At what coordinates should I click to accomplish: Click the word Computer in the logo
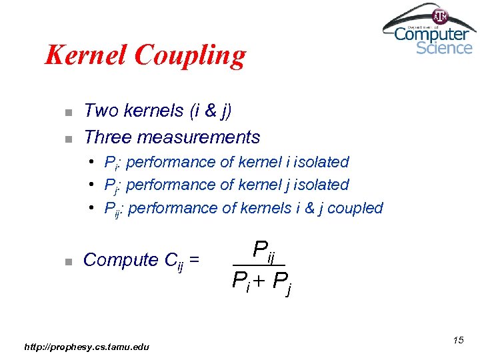431,33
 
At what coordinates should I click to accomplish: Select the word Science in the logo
444,48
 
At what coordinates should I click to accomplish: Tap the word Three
108,137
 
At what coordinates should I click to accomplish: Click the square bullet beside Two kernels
68,111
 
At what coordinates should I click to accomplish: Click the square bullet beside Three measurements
68,139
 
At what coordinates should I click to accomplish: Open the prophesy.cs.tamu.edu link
87,346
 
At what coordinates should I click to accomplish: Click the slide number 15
458,341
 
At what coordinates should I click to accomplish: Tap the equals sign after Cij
195,260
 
